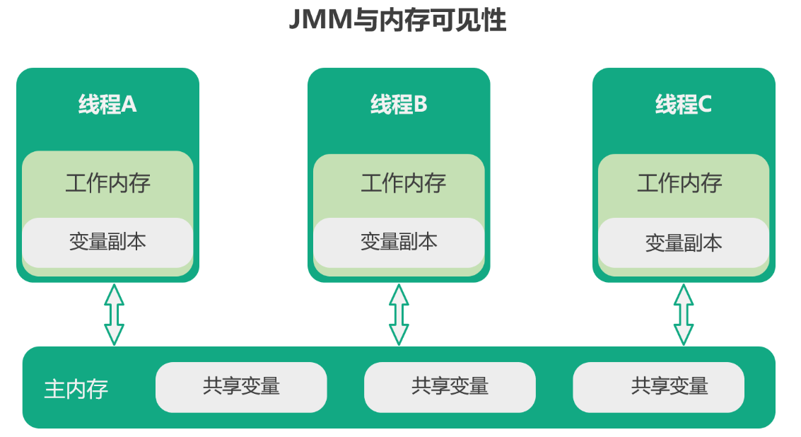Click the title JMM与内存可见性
click(397, 21)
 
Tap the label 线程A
click(107, 105)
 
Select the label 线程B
click(399, 105)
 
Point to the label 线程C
click(683, 105)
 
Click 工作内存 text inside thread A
click(107, 183)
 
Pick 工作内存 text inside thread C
click(679, 183)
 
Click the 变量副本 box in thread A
click(107, 242)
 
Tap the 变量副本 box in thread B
click(399, 242)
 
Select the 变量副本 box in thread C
click(683, 243)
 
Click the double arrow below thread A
click(114, 314)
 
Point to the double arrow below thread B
click(399, 314)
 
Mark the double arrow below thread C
click(683, 314)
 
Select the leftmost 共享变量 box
click(241, 387)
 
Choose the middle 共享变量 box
click(450, 387)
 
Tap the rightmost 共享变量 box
click(658, 387)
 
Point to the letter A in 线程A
click(129, 105)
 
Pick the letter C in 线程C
click(704, 105)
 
